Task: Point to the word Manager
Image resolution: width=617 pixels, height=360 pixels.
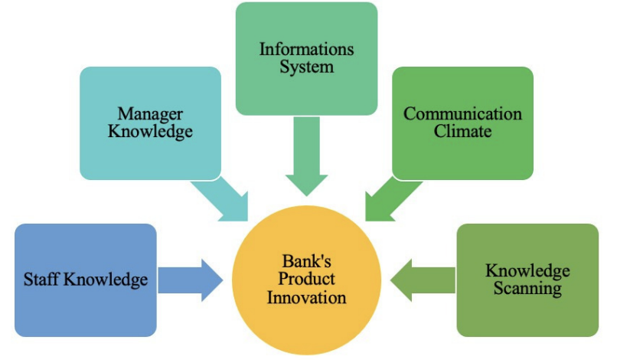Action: (150, 114)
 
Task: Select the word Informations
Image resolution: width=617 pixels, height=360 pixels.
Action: (306, 50)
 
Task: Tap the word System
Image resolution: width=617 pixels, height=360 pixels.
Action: (306, 67)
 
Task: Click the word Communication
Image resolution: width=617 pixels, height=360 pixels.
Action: (462, 114)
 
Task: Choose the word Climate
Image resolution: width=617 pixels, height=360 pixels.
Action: (462, 131)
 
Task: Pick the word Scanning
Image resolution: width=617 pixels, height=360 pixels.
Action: (527, 289)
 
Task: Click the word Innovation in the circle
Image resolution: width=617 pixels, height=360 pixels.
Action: (306, 296)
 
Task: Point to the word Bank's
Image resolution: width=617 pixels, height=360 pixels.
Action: (306, 263)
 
